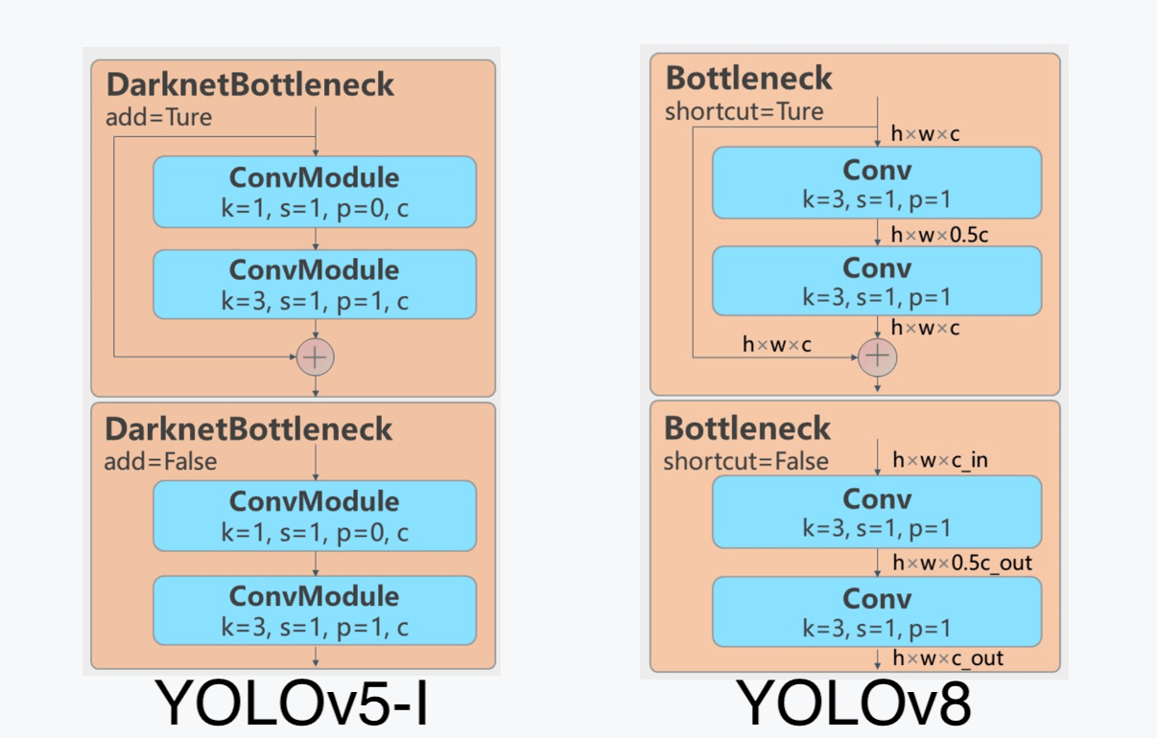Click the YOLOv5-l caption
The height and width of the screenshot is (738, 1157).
[292, 703]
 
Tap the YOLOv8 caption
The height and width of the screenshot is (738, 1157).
[853, 703]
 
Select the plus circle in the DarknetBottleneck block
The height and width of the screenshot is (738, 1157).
[315, 357]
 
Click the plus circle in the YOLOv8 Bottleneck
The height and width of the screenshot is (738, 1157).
[877, 357]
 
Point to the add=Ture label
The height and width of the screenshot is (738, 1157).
[158, 118]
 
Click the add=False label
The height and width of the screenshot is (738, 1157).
[160, 461]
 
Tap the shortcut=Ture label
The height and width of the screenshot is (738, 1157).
[744, 112]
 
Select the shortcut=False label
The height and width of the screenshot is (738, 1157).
[745, 461]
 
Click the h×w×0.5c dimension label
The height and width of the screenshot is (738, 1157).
[939, 235]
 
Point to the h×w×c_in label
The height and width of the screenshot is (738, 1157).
[940, 460]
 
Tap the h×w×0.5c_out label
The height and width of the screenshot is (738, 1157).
[962, 563]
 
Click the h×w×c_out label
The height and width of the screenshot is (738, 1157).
[948, 658]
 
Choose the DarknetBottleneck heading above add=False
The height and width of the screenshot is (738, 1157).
[248, 429]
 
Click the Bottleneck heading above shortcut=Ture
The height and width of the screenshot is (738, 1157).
[748, 79]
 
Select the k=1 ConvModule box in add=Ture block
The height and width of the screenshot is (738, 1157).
[315, 192]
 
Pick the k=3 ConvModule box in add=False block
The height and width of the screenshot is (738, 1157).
[315, 611]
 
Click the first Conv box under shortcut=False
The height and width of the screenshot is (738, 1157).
[877, 512]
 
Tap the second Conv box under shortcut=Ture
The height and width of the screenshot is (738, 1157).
[877, 281]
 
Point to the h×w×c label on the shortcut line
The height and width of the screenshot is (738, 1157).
[776, 344]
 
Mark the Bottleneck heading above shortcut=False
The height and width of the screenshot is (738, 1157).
[747, 428]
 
